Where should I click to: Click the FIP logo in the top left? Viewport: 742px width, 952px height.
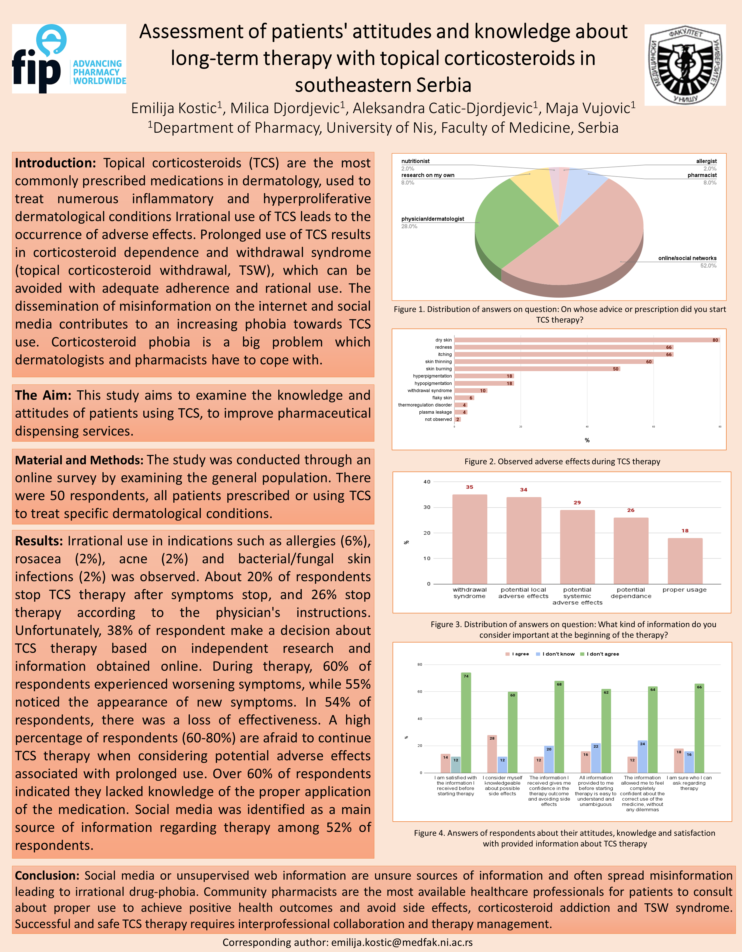click(69, 59)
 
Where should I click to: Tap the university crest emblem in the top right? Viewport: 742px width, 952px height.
click(685, 65)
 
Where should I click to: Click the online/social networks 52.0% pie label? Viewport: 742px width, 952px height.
click(687, 262)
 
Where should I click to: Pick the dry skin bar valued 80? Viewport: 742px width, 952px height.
click(585, 340)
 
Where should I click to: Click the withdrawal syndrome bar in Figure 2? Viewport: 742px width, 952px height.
click(470, 391)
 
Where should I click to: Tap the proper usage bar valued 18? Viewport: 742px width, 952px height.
click(685, 561)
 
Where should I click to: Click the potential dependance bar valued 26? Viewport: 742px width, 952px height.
click(631, 550)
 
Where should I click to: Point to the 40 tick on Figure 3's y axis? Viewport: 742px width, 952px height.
click(427, 482)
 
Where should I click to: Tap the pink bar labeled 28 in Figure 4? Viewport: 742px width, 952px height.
click(492, 754)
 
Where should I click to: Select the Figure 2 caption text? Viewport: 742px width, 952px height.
click(562, 461)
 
